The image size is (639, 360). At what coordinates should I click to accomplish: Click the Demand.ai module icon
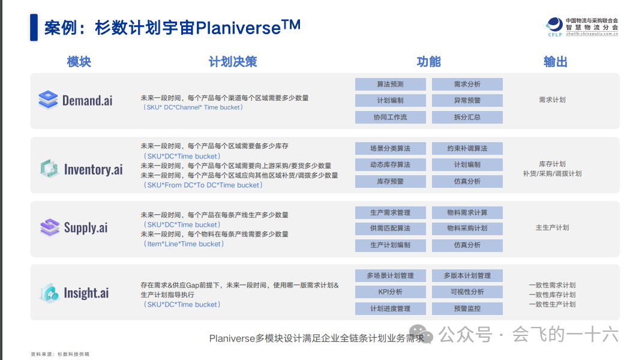point(47,100)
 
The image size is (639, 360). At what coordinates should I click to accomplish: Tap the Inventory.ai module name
point(93,169)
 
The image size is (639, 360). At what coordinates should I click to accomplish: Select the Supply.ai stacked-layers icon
point(49,227)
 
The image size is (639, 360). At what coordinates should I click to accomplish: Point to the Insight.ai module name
point(86,293)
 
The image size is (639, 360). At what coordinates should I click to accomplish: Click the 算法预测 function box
point(390,85)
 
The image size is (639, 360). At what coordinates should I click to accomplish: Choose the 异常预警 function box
point(467,101)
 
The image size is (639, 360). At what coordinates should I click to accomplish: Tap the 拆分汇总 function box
point(467,117)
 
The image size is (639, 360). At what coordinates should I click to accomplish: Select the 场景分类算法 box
point(390,148)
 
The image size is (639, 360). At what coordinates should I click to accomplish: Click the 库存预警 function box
point(390,181)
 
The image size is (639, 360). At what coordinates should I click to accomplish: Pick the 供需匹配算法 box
point(390,229)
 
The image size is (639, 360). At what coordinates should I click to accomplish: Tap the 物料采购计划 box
point(467,229)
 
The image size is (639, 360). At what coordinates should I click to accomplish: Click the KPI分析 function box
point(390,292)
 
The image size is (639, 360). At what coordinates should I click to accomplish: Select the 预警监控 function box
point(467,308)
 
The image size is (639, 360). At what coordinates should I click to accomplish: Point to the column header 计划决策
point(233,62)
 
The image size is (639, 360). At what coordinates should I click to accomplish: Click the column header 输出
point(555,62)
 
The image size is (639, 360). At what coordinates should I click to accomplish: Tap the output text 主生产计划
point(552,228)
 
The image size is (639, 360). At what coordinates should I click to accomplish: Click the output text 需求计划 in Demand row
point(552,100)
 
